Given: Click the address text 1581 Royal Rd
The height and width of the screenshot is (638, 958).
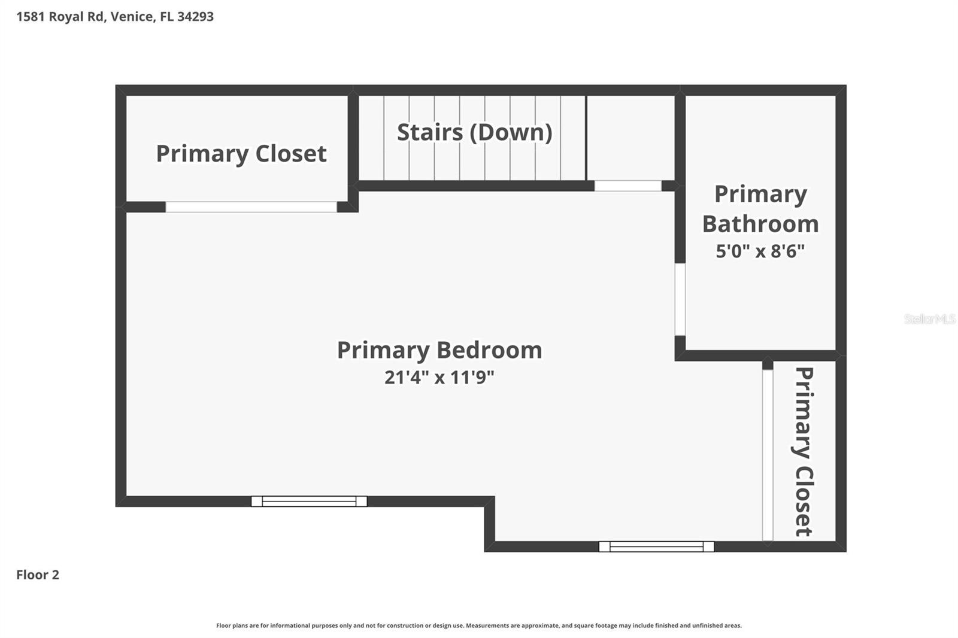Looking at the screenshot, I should coord(60,17).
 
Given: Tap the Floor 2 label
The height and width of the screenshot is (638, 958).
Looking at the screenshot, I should coord(38,575).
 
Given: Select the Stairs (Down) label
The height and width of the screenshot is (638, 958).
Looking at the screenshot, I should coord(474,132).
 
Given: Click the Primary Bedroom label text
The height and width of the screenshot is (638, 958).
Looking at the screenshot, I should coord(439,350).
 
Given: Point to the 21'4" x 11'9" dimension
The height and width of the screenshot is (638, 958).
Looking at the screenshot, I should coord(439,378).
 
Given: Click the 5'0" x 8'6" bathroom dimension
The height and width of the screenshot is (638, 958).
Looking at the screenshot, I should coord(760,251).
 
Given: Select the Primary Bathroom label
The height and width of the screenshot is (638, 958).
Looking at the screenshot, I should coord(760,209).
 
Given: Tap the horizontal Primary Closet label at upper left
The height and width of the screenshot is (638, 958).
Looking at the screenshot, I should coord(241,154).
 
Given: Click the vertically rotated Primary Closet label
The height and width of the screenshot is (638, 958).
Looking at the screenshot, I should coord(804,451).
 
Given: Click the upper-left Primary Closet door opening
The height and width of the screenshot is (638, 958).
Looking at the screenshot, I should coord(251,207).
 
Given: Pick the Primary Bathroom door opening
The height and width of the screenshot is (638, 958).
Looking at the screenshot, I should coord(680,299).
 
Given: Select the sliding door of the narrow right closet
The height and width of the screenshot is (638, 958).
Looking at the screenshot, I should coord(768,455).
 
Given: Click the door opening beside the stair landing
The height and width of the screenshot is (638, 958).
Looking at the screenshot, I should coord(627,186).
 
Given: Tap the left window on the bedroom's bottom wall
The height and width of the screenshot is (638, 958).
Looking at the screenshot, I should coord(309,502).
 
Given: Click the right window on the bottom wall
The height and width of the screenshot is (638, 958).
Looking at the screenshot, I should coord(656,546).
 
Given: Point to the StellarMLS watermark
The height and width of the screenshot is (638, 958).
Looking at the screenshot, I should coord(929,319).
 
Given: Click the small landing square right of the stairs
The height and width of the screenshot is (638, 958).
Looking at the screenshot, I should coord(630,138).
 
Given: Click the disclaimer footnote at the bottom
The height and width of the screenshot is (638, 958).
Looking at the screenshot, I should coord(479,625).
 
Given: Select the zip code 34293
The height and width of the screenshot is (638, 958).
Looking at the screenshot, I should coord(195,17).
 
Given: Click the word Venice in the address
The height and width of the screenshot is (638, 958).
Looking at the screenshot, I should coord(132,17).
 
